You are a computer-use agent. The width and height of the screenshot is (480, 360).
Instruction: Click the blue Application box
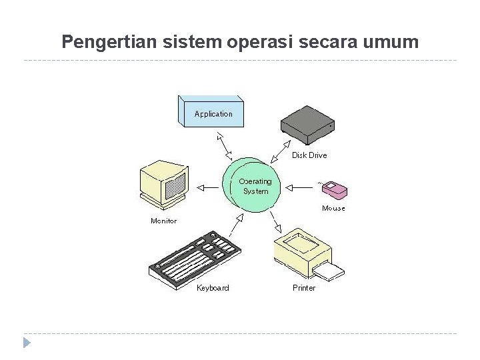click(x=211, y=113)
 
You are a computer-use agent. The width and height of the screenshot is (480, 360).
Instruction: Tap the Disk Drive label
click(x=309, y=155)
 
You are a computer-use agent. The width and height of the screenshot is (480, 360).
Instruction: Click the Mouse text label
click(x=333, y=208)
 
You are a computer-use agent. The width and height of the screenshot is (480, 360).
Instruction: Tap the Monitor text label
click(x=164, y=221)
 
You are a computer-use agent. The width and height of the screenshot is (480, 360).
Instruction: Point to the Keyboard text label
click(x=213, y=288)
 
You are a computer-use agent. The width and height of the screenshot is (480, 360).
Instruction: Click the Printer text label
click(x=304, y=288)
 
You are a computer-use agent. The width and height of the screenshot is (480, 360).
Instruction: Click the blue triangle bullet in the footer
click(x=27, y=343)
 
